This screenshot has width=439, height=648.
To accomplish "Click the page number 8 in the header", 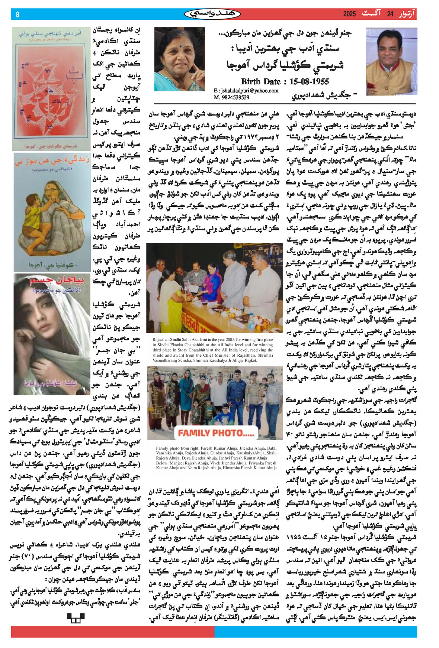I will (17, 14).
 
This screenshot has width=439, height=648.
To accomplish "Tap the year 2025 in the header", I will (349, 14).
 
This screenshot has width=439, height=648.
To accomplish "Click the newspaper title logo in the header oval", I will (212, 14).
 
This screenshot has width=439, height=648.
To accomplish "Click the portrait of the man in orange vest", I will (391, 62).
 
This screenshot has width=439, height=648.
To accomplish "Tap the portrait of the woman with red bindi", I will (179, 59).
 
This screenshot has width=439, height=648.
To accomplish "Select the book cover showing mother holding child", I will (51, 212).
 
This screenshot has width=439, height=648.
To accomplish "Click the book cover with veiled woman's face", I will (51, 334).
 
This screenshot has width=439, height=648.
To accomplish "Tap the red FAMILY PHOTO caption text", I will (216, 433).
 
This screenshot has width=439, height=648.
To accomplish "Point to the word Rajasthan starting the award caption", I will (161, 340).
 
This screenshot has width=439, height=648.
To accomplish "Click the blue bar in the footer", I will (315, 632).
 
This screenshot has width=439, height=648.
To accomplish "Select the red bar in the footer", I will (112, 632).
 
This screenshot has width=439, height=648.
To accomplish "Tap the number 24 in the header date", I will (390, 14).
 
